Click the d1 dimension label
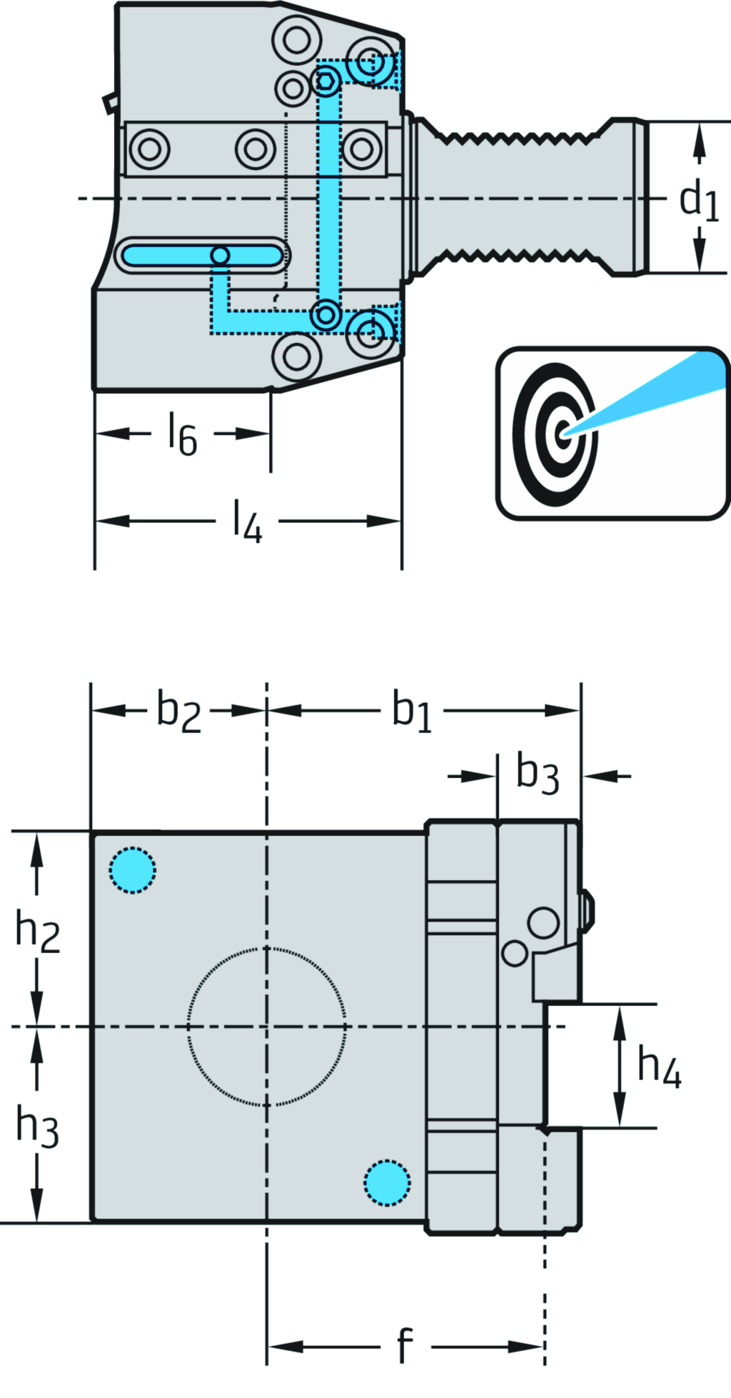[x=698, y=199]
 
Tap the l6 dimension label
[x=182, y=434]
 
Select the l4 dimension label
[x=247, y=522]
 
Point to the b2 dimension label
[x=178, y=712]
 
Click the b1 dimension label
[x=412, y=712]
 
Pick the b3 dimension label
[x=537, y=774]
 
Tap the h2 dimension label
[x=38, y=932]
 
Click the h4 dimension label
[x=658, y=1067]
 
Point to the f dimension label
[x=405, y=1346]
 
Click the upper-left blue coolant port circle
[x=133, y=870]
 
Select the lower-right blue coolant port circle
[x=387, y=1183]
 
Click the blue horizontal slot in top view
[x=201, y=255]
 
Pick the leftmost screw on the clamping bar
[x=149, y=149]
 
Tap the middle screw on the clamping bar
[x=256, y=149]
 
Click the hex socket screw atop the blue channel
[x=326, y=82]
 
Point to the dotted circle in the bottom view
[x=266, y=1027]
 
